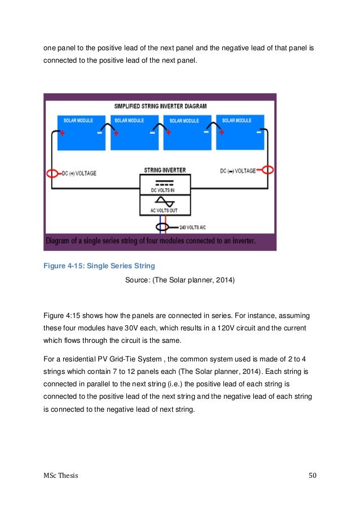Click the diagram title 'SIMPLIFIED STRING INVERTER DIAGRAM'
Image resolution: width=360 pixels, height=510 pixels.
click(160, 106)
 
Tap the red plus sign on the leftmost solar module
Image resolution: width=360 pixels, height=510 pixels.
click(63, 134)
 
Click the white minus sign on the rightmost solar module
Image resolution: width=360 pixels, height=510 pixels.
click(259, 134)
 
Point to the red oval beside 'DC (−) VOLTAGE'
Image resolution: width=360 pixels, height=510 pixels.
click(268, 170)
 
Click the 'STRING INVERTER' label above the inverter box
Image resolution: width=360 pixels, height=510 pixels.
click(165, 170)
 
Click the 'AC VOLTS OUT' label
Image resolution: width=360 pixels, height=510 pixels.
click(165, 211)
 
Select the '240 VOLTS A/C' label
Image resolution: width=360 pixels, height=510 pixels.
click(192, 228)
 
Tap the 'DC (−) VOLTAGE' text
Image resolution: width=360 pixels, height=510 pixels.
click(239, 170)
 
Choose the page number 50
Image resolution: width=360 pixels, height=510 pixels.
click(313, 476)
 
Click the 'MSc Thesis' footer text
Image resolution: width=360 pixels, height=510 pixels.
click(62, 476)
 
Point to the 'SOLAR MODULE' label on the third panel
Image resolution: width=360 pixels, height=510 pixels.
click(184, 120)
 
